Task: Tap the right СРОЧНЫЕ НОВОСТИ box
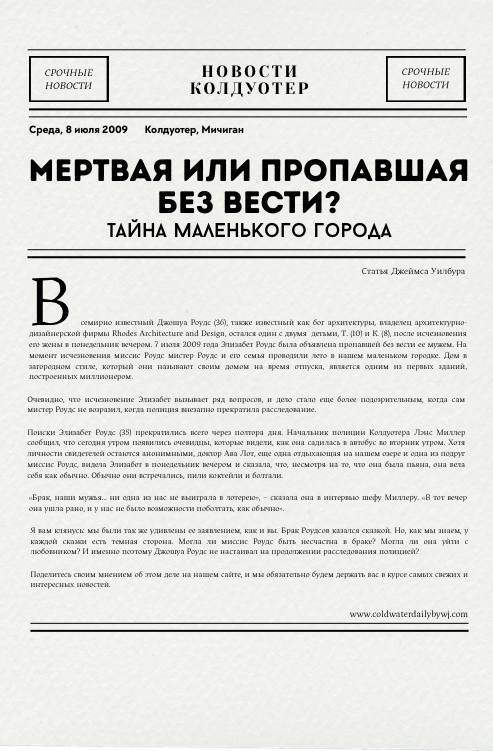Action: click(426, 79)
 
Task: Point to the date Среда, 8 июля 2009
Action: click(79, 130)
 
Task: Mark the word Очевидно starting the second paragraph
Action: click(48, 399)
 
